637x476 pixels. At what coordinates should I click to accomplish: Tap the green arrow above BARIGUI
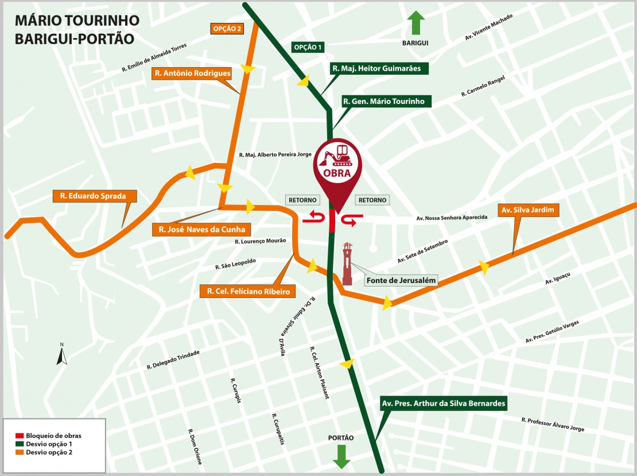416,24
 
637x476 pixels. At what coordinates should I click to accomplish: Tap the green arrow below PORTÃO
341,456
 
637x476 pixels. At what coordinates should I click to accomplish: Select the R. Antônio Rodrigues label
192,73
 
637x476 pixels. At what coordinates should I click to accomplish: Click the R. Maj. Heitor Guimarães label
379,68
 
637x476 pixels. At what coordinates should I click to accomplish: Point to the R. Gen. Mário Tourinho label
384,102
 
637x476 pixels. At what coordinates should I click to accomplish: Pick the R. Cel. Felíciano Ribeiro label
248,292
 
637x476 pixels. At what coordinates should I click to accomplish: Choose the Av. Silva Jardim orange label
528,211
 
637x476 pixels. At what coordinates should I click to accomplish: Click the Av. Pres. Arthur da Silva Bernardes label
444,404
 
